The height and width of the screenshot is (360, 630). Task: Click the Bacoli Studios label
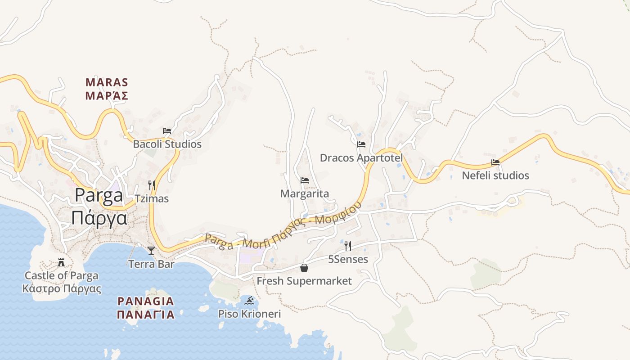point(167,144)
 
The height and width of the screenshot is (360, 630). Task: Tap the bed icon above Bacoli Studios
point(167,131)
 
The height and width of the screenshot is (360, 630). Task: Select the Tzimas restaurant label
point(152,198)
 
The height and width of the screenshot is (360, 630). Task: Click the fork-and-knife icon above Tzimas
point(152,185)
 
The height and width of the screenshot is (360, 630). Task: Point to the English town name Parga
point(99,195)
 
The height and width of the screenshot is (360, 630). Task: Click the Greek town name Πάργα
point(99,218)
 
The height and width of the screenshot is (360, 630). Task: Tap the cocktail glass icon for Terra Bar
point(151,251)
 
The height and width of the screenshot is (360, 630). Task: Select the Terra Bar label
point(151,264)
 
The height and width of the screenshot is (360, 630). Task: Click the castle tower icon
point(61,262)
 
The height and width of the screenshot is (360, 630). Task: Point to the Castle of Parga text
point(61,275)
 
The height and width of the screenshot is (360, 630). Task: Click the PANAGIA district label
point(145,301)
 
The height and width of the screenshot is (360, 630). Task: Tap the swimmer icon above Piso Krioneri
point(249,300)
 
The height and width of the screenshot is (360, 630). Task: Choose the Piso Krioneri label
point(249,314)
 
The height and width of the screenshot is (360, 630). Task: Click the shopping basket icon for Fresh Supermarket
point(304,268)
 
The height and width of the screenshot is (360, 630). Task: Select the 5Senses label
point(348,259)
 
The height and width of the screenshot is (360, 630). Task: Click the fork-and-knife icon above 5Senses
point(348,246)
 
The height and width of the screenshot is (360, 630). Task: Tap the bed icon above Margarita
point(305,180)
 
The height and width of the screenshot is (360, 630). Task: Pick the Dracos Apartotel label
point(361,158)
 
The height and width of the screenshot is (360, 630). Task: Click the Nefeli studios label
point(495,175)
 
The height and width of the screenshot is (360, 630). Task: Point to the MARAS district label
point(107,83)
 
